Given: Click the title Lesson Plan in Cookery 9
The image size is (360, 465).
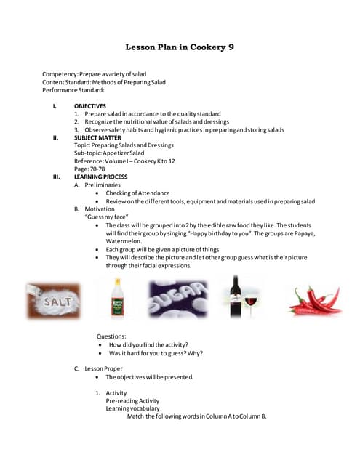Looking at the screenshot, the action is click(x=180, y=47).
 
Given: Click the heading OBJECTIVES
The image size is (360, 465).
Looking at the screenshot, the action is click(x=89, y=106).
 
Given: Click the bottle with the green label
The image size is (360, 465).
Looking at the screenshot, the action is click(x=115, y=299).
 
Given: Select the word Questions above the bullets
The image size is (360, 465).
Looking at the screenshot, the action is click(x=111, y=336).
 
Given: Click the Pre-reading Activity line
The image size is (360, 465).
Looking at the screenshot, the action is click(x=132, y=401).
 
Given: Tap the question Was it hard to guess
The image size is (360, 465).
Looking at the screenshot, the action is click(x=156, y=353).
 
